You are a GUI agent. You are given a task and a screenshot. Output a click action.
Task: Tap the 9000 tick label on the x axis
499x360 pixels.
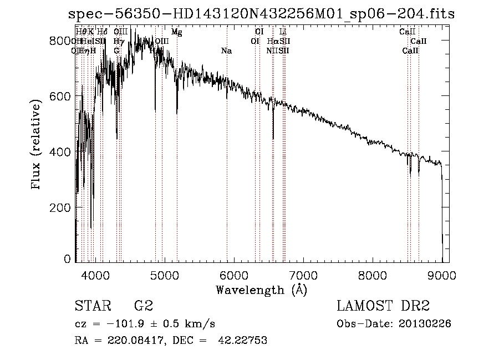[x=442, y=275]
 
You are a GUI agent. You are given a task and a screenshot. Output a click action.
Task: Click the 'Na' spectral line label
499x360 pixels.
[x=226, y=51]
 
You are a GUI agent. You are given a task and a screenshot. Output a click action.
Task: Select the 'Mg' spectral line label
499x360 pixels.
[x=176, y=32]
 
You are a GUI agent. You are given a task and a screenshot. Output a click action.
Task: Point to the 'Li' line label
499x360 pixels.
[x=283, y=32]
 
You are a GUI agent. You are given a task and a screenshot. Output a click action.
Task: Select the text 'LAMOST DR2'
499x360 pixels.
[x=383, y=306]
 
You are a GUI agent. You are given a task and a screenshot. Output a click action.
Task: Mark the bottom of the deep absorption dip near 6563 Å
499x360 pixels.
[x=273, y=139]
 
